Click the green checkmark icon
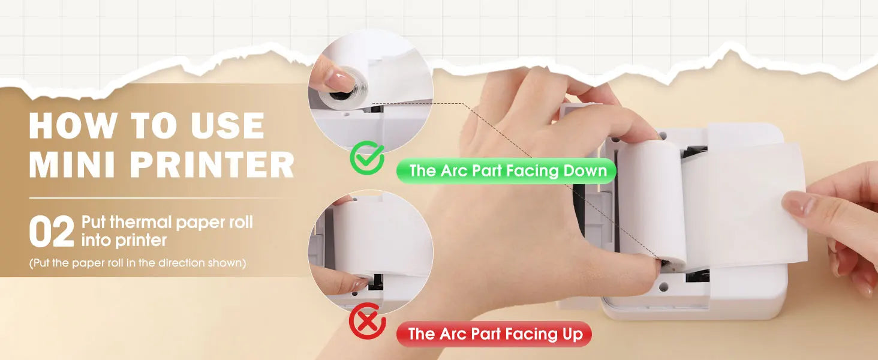[x=367, y=158]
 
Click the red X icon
[x=367, y=321]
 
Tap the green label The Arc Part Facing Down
[x=506, y=171]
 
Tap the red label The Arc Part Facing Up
[x=494, y=334]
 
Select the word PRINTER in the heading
[x=212, y=164]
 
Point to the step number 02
[x=52, y=232]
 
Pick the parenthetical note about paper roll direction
[x=137, y=263]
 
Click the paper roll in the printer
[x=653, y=204]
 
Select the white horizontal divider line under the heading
[x=155, y=198]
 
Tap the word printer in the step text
[x=140, y=241]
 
